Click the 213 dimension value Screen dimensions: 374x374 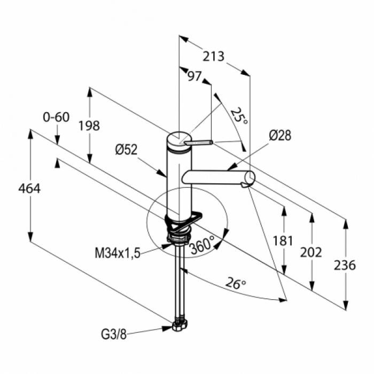pyautogui.click(x=214, y=57)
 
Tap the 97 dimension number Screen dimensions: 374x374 pyautogui.click(x=194, y=76)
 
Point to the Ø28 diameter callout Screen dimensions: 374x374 pyautogui.click(x=280, y=136)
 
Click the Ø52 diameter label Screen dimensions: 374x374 pyautogui.click(x=127, y=150)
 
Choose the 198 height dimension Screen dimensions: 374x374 pyautogui.click(x=89, y=126)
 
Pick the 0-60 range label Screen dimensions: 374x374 pyautogui.click(x=56, y=117)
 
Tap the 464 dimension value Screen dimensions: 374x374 pyautogui.click(x=29, y=189)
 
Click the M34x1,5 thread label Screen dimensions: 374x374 pyautogui.click(x=118, y=253)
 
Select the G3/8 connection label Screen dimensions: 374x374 pyautogui.click(x=113, y=334)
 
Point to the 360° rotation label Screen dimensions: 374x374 pyautogui.click(x=202, y=244)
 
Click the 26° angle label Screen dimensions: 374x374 pyautogui.click(x=236, y=283)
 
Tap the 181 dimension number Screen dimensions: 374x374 pyautogui.click(x=283, y=240)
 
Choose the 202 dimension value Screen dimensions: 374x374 pyautogui.click(x=311, y=252)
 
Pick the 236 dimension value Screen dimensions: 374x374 pyautogui.click(x=345, y=265)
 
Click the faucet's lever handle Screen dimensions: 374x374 pyautogui.click(x=198, y=143)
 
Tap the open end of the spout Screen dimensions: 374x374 pyautogui.click(x=250, y=177)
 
